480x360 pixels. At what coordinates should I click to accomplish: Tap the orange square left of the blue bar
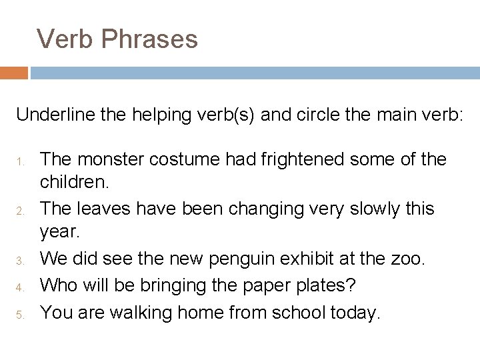(x=13, y=72)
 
